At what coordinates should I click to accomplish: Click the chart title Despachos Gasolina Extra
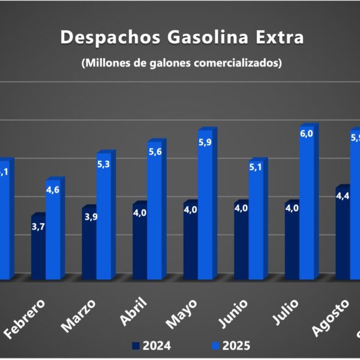pos(182,37)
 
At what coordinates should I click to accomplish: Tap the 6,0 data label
pos(306,134)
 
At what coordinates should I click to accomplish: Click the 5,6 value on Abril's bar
pos(154,152)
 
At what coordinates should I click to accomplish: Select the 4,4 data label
pos(343,196)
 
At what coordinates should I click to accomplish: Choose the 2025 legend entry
pos(231,346)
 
